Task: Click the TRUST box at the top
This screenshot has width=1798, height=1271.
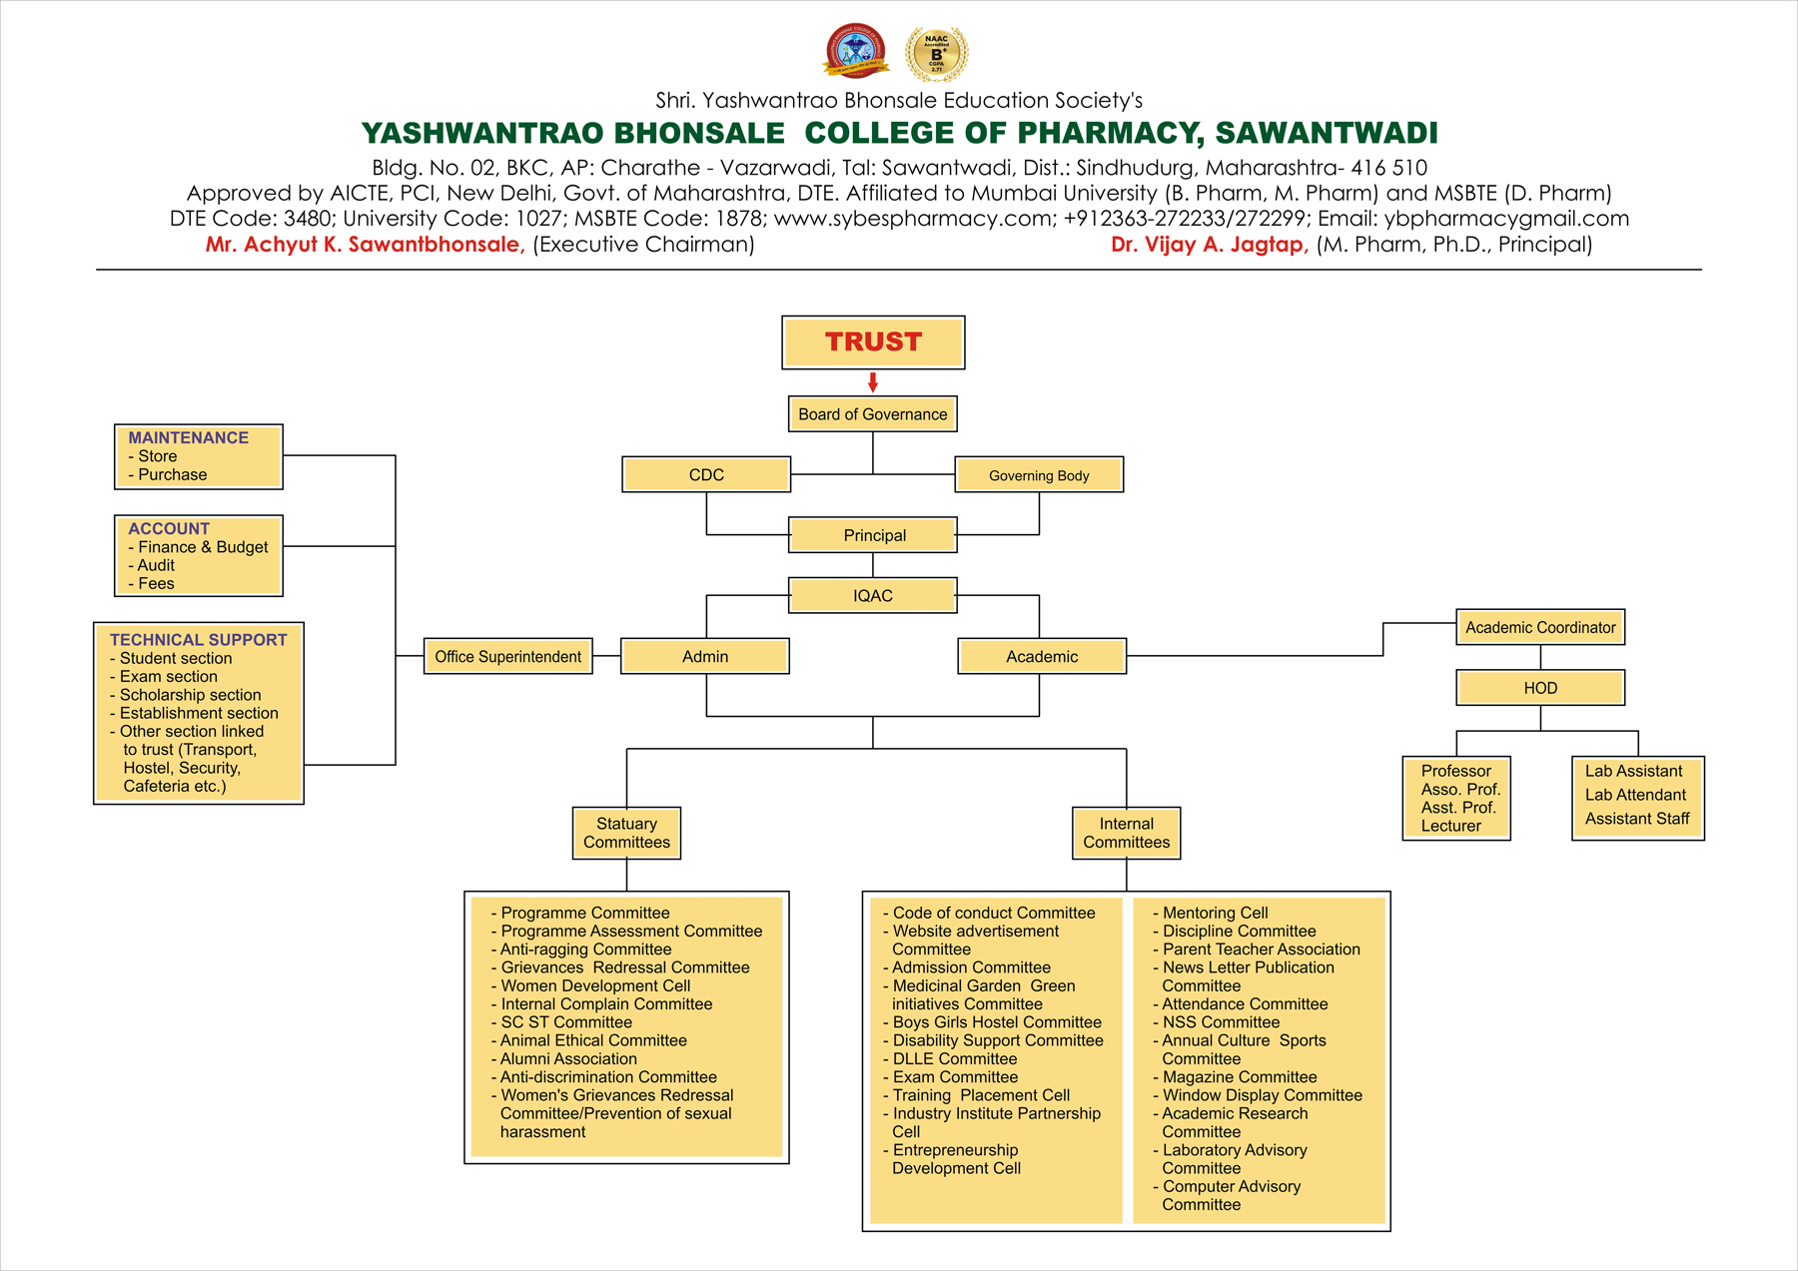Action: pos(873,342)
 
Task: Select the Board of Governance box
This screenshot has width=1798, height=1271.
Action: pos(873,414)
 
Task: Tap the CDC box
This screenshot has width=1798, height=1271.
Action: pos(706,475)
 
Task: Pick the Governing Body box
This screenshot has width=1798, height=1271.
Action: pos(1039,475)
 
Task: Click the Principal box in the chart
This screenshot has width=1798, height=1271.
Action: pos(873,535)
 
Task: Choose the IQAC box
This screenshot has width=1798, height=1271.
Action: pos(873,596)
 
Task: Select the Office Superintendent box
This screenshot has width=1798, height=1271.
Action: pos(507,657)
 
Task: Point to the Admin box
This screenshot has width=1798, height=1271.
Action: pos(705,657)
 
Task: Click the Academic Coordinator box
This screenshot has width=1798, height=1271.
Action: pos(1540,628)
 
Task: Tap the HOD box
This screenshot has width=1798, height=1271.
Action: pos(1540,688)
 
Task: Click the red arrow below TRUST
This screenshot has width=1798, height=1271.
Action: pos(873,382)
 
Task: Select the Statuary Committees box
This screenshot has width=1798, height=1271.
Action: pos(626,833)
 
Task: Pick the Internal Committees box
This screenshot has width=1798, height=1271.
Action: pos(1126,833)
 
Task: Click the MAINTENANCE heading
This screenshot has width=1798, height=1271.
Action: pos(188,438)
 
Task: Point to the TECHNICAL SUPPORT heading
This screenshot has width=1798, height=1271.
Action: pos(198,640)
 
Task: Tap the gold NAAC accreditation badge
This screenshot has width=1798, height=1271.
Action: pos(936,53)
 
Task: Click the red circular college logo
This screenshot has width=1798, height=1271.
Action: pos(855,51)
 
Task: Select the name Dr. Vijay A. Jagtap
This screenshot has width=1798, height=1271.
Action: pos(1210,245)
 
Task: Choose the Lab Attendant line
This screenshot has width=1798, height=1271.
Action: pos(1635,795)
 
